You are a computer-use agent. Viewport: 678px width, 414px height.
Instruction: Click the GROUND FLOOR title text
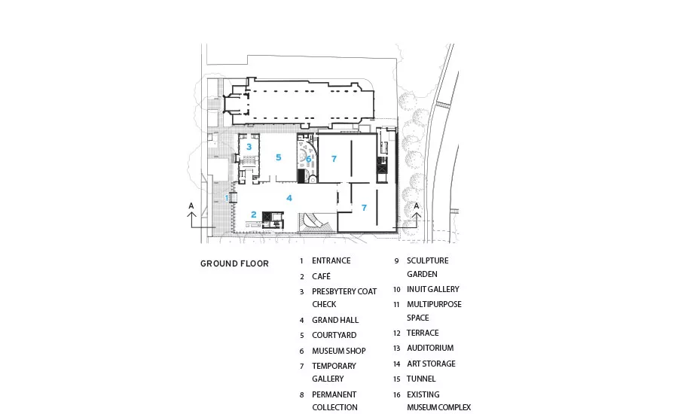click(x=234, y=263)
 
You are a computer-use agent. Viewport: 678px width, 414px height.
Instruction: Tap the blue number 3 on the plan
click(x=249, y=147)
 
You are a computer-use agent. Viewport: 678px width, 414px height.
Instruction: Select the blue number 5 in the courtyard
click(x=279, y=157)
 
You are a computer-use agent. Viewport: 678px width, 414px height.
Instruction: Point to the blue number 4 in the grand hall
click(x=289, y=198)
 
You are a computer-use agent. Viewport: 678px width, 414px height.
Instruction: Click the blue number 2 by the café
click(x=254, y=215)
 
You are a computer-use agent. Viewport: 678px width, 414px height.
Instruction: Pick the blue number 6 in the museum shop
click(x=308, y=159)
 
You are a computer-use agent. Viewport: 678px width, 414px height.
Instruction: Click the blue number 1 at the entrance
click(x=227, y=198)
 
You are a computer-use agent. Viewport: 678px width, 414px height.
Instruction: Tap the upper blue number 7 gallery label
click(x=334, y=159)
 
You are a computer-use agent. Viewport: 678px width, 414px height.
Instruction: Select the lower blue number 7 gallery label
click(x=364, y=208)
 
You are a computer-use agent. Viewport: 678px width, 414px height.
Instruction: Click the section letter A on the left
click(x=191, y=206)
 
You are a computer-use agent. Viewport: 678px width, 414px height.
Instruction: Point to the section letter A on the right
click(x=417, y=206)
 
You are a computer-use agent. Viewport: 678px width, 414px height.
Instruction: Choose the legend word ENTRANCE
click(x=331, y=260)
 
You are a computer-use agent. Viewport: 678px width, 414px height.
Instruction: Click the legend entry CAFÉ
click(x=321, y=276)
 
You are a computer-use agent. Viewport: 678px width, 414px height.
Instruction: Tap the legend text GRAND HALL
click(x=335, y=320)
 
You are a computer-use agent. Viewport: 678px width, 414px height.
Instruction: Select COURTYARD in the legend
click(x=334, y=336)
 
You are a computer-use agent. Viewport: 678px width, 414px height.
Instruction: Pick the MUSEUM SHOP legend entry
click(x=339, y=351)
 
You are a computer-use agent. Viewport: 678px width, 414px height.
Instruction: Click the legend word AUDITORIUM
click(x=430, y=348)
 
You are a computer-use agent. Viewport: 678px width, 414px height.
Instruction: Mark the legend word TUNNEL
click(x=421, y=379)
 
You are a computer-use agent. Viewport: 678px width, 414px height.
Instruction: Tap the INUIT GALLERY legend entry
click(x=433, y=289)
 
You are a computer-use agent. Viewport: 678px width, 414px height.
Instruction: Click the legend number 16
click(x=397, y=394)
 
